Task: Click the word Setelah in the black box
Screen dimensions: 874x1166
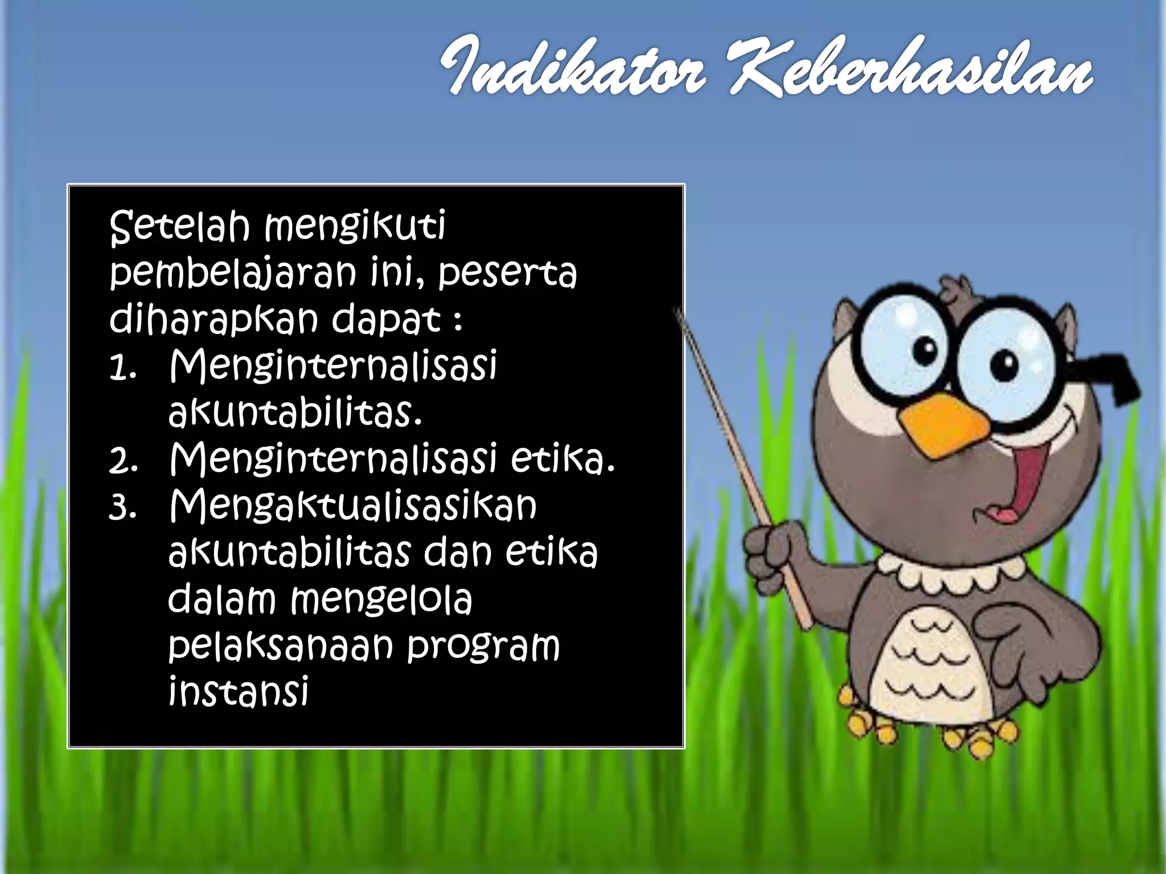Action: [x=179, y=226]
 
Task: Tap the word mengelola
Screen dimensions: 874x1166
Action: [x=381, y=600]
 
